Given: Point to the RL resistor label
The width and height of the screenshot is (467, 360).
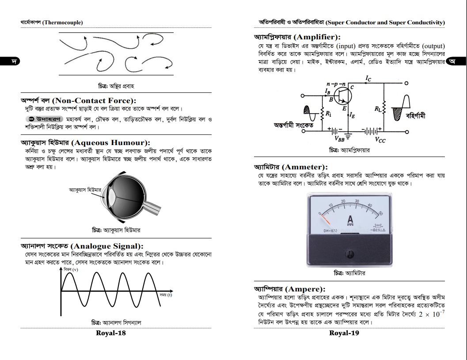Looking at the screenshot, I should tap(377, 108).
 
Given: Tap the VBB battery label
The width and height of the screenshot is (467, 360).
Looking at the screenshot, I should tap(340, 138).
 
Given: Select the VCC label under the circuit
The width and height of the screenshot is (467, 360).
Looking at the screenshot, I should tap(380, 139).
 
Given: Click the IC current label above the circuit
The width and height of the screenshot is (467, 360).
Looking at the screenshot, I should tap(368, 78).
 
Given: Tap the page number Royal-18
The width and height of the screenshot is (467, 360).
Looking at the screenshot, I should tap(111, 333).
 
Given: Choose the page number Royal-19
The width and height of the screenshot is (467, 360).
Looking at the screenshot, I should tap(344, 333).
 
